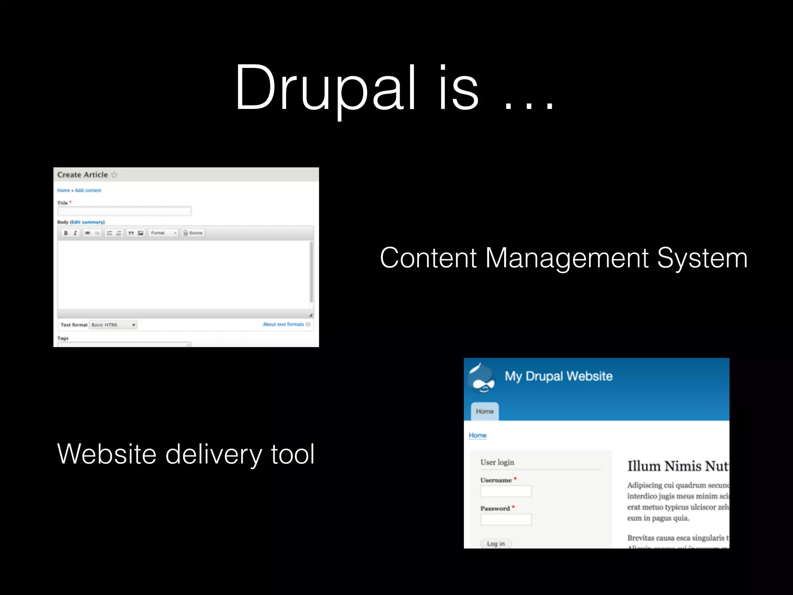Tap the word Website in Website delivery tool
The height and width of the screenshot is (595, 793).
(x=106, y=454)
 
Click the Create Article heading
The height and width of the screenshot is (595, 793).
(x=82, y=175)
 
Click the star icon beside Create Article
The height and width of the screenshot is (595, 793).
(x=114, y=175)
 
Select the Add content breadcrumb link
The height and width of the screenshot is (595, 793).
(x=88, y=190)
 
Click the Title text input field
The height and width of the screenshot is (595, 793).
(x=124, y=211)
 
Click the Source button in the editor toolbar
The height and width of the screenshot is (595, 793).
(x=193, y=233)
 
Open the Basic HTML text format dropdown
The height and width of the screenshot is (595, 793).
(x=113, y=325)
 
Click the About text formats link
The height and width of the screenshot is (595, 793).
(x=283, y=324)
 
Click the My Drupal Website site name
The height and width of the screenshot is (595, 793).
(x=558, y=376)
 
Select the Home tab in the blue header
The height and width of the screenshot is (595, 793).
(x=485, y=411)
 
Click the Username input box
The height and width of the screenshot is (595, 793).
(x=506, y=491)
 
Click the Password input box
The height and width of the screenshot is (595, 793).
(x=506, y=519)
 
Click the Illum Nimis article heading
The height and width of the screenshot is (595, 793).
(x=678, y=466)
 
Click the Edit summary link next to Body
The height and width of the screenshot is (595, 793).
(x=87, y=222)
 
